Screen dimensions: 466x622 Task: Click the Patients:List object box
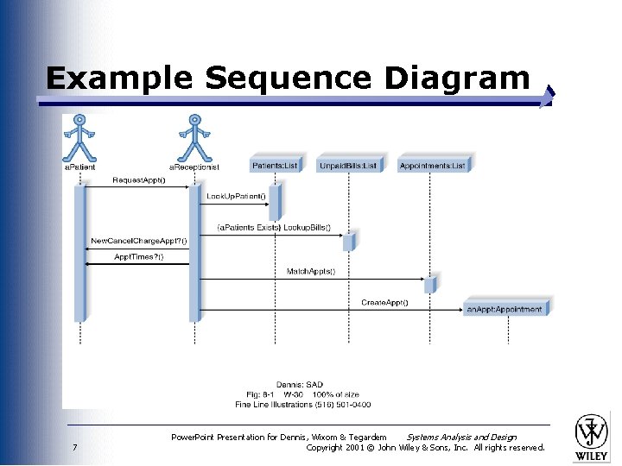coord(275,166)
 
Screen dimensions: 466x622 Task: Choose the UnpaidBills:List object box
coord(348,166)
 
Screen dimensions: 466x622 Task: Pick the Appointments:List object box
coord(432,166)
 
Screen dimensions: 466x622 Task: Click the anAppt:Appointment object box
coord(505,308)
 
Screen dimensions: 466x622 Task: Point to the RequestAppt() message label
coord(139,180)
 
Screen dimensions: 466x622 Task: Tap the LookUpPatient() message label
coord(236,197)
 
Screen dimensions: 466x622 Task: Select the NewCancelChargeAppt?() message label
coord(139,240)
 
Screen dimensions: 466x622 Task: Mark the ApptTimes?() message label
coord(139,256)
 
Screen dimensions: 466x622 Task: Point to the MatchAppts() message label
coord(311,271)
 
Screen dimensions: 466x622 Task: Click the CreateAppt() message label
coord(384,302)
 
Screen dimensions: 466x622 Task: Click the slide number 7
coord(75,447)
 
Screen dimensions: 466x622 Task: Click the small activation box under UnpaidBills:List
coord(348,242)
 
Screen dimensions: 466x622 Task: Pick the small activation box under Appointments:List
coord(429,285)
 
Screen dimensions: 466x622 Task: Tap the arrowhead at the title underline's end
coord(546,98)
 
